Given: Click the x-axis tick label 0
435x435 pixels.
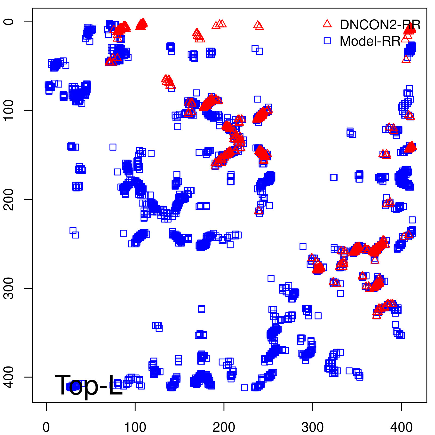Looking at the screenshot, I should (46, 427).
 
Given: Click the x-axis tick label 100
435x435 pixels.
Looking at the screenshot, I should (135, 427).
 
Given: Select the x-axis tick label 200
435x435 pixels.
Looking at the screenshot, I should (224, 427).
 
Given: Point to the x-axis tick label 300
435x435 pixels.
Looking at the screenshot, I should (313, 427).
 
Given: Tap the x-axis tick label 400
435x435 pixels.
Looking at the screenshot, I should (402, 427).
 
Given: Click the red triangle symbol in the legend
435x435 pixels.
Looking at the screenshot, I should (327, 24).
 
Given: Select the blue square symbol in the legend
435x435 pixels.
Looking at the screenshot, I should (327, 41).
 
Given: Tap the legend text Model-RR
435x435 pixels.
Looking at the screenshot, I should (370, 41).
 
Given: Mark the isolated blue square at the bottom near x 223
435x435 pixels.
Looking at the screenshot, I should (244, 388).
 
